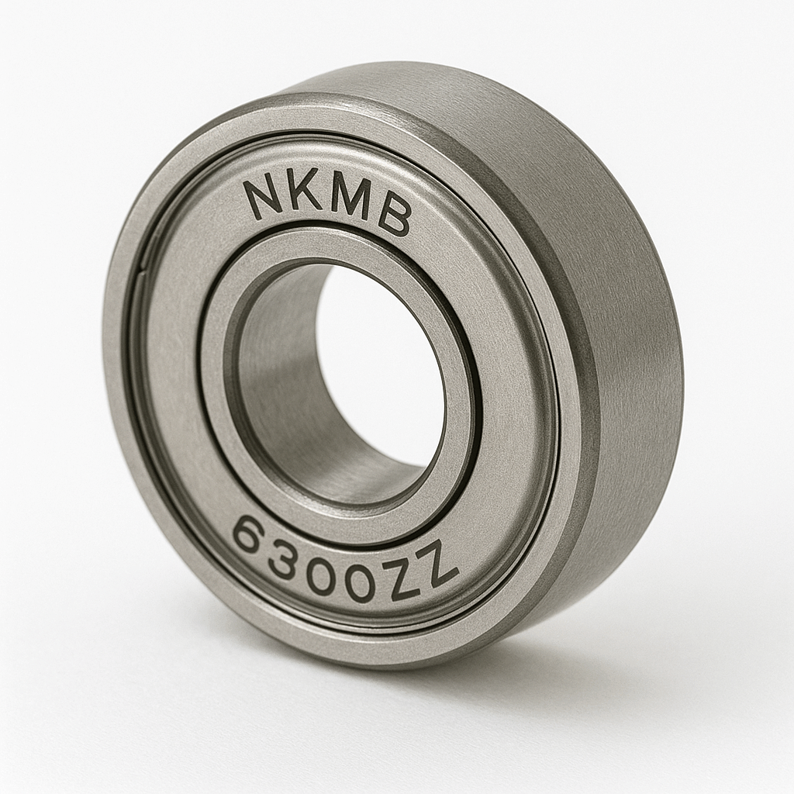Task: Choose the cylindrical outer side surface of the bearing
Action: [x=620, y=349]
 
